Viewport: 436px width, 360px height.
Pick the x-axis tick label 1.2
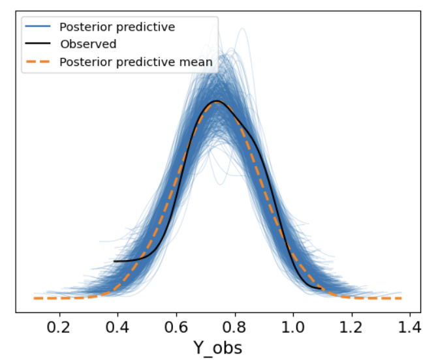[x=352, y=325]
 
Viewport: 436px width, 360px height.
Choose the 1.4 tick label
[x=410, y=325]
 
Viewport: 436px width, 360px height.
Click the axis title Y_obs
[x=217, y=348]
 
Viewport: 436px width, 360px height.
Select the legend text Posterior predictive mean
[x=136, y=63]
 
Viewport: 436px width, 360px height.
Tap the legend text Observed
[x=88, y=44]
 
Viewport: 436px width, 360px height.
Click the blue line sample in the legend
[x=39, y=27]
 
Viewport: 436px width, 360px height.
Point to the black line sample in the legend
[x=39, y=44]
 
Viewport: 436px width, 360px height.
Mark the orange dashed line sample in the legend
[x=39, y=63]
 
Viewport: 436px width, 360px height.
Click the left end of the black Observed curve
[x=114, y=261]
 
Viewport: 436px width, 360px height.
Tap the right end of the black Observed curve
[x=321, y=288]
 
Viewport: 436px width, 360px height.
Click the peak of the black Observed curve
[x=217, y=101]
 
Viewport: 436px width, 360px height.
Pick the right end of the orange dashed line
[x=401, y=297]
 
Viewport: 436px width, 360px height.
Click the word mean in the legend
[x=198, y=63]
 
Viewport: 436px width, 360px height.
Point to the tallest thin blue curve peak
[x=243, y=29]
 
